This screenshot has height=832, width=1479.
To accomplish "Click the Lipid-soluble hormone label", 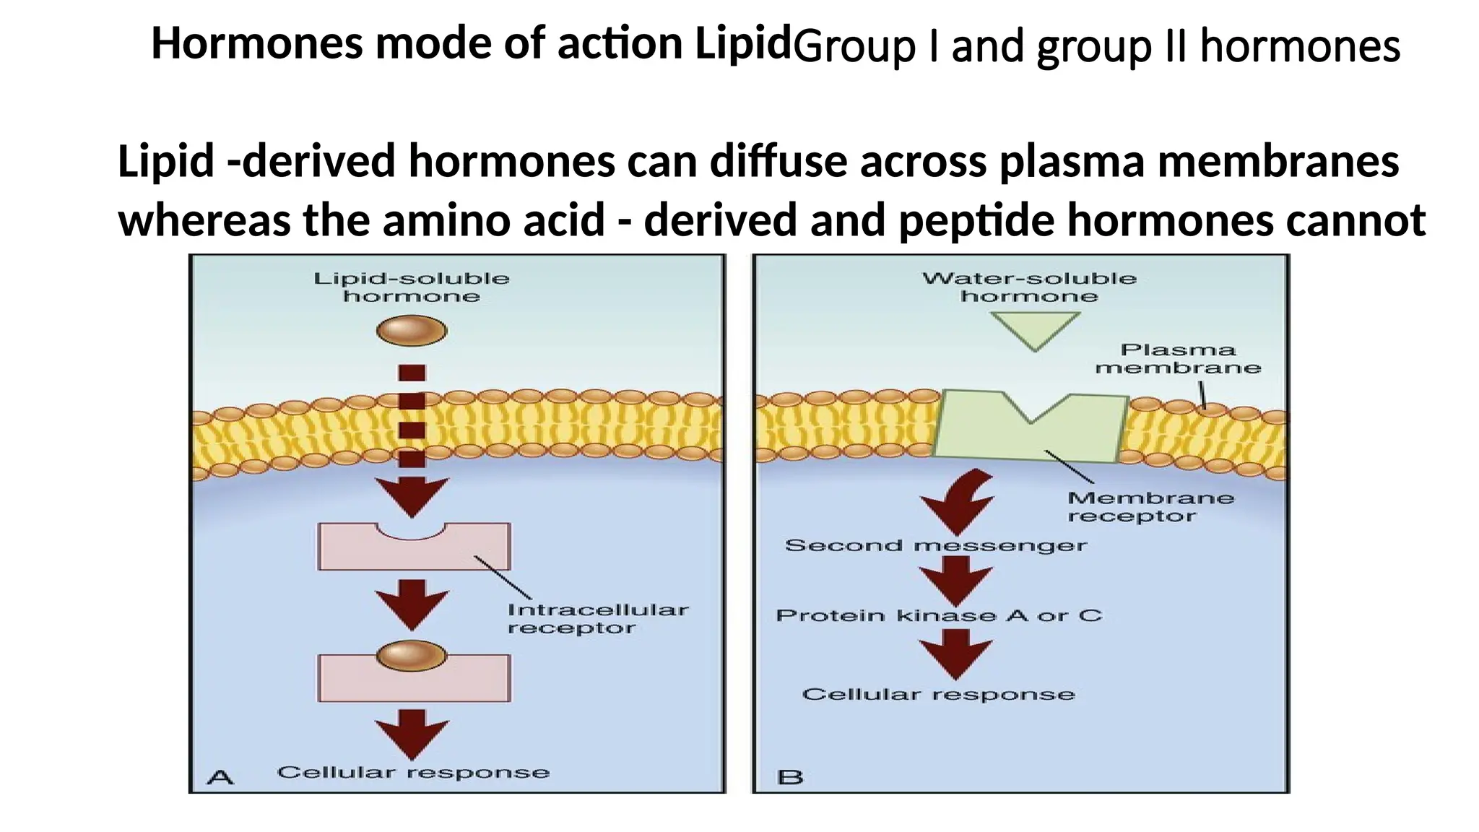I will coord(411,287).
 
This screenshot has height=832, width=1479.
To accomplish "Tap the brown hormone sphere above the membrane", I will coord(412,331).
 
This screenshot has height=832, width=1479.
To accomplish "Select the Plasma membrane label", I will coord(1178,359).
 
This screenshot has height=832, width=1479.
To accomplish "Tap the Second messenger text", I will coord(935,545).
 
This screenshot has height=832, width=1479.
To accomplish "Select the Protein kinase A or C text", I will coord(938,616).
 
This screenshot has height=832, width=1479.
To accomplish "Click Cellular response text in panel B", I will coord(938,695).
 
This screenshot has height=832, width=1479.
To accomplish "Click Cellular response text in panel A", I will coord(413,773).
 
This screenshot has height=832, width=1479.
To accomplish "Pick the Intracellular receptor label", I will coord(597,619).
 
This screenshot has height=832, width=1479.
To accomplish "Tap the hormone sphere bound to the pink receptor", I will coord(412,656).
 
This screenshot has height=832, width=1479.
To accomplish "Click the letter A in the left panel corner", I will coord(220,777).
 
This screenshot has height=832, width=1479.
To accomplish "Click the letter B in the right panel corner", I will coord(790,777).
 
